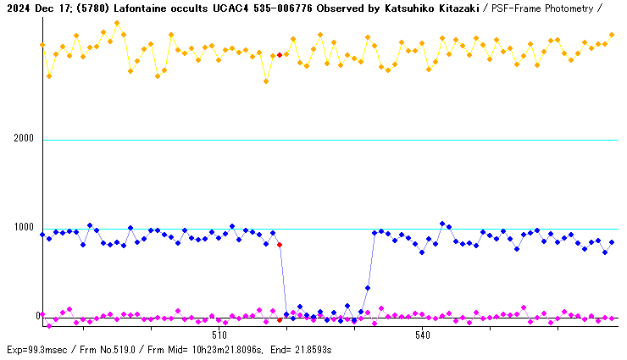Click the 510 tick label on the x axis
219,335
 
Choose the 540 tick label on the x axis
423,335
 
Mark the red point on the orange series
280,55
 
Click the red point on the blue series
280,245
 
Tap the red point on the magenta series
280,319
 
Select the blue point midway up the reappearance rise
368,288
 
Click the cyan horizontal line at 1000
508,229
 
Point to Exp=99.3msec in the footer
36,350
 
